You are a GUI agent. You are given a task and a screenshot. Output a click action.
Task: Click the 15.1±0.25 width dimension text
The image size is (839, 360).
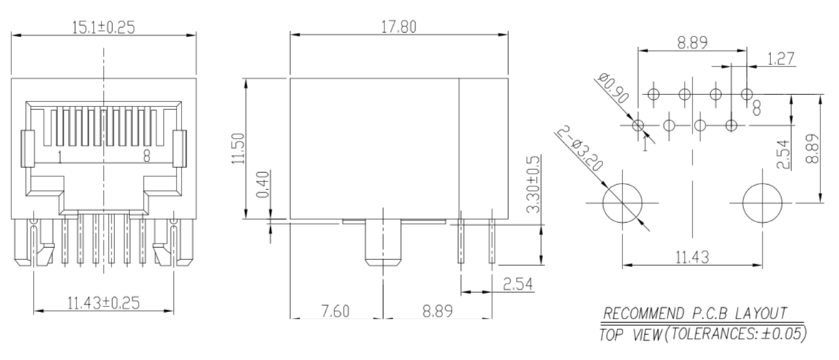coord(104,26)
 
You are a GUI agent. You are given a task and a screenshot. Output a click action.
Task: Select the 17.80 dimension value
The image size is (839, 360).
coord(398,26)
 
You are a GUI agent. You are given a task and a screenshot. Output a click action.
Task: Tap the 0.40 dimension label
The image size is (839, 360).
coord(263,185)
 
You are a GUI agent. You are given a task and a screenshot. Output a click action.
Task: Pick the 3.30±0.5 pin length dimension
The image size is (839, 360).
coord(533,184)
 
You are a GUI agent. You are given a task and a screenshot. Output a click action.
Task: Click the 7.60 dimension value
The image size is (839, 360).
coord(334,311)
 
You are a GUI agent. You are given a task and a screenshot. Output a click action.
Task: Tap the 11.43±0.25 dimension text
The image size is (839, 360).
coord(104,304)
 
